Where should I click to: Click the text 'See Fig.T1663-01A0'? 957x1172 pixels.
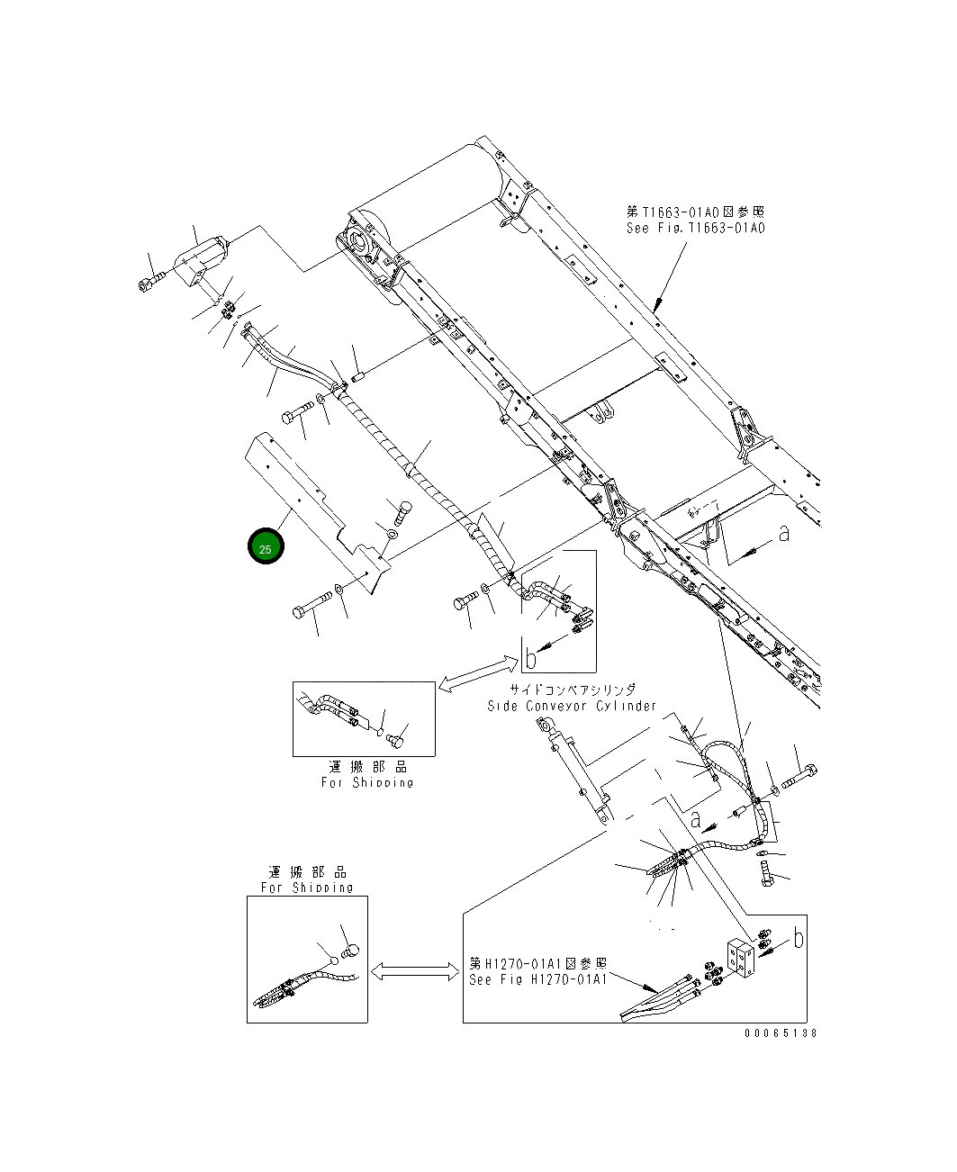click(x=695, y=229)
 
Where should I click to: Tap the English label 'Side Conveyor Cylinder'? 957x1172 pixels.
click(x=572, y=706)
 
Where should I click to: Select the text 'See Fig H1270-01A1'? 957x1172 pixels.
click(x=537, y=978)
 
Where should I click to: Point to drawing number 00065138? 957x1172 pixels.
click(x=781, y=1033)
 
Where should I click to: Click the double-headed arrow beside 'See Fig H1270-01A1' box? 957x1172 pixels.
click(x=415, y=971)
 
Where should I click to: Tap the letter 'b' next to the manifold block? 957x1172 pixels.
click(x=798, y=938)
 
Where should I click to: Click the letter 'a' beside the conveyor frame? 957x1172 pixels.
click(x=783, y=534)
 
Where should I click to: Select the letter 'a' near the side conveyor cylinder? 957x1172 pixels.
click(x=695, y=819)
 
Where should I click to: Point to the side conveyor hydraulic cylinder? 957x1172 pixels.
click(x=576, y=773)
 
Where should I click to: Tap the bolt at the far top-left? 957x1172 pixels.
click(x=149, y=283)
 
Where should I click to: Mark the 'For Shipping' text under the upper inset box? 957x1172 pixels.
click(x=366, y=782)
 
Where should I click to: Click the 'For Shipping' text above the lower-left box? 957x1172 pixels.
click(x=307, y=887)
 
